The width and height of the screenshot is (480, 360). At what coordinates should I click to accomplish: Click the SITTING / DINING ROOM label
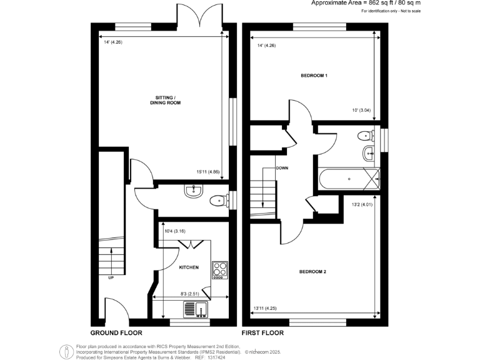(165, 99)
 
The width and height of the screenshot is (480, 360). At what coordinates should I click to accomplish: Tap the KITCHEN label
(189, 267)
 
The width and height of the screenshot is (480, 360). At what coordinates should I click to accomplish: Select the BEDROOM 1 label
(314, 76)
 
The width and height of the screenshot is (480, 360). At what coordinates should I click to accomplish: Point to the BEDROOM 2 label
(313, 272)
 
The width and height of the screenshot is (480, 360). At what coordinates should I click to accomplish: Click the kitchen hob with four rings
(220, 269)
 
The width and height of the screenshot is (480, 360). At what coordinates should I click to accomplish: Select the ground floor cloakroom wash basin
(192, 192)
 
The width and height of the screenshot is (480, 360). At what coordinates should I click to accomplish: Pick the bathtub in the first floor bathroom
(349, 179)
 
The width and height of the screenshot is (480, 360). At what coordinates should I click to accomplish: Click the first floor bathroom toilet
(364, 136)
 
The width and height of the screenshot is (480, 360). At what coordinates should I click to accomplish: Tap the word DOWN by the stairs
(281, 168)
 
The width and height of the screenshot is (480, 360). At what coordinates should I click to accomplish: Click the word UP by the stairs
(111, 277)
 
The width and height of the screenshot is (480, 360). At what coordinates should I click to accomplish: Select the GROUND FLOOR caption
(116, 333)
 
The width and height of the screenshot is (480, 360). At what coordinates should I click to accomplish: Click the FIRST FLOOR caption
(263, 333)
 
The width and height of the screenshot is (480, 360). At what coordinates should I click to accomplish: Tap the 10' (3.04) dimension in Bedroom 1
(362, 111)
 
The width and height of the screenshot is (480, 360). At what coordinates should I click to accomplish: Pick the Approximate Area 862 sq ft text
(393, 3)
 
